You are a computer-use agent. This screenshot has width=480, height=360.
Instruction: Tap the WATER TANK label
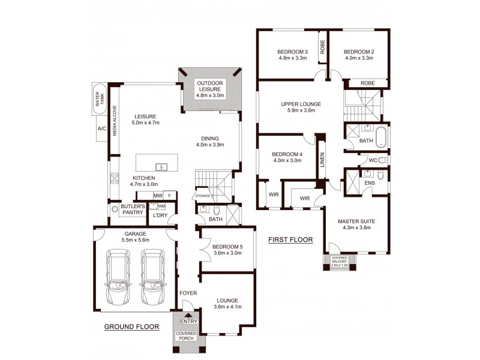99,100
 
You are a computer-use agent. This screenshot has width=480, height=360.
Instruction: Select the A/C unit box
101,129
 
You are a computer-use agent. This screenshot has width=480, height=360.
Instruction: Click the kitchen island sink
160,167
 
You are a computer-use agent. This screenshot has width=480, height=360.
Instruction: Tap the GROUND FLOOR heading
131,327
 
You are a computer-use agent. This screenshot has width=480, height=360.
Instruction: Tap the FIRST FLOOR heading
290,239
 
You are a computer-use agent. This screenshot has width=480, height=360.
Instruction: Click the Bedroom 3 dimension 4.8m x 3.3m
293,58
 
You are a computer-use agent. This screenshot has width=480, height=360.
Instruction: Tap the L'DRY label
160,215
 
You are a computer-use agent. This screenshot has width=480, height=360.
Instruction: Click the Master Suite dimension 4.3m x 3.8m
356,227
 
